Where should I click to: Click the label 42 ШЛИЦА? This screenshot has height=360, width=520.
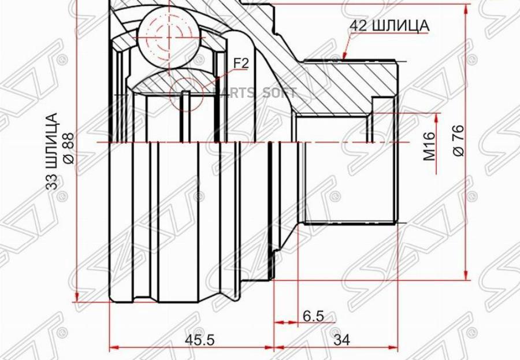click(388, 25)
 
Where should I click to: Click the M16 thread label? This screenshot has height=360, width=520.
click(428, 146)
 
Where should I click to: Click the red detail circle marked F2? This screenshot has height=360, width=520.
click(187, 93)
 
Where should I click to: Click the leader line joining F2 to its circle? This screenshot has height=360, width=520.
click(217, 80)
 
